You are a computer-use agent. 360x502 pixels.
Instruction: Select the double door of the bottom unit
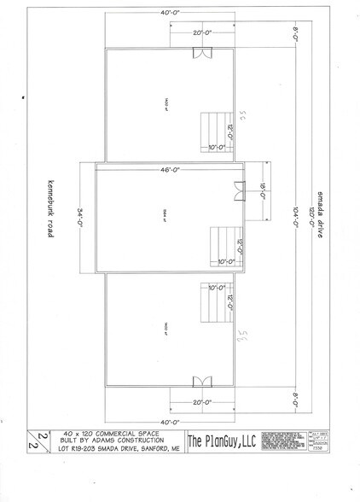201,382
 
